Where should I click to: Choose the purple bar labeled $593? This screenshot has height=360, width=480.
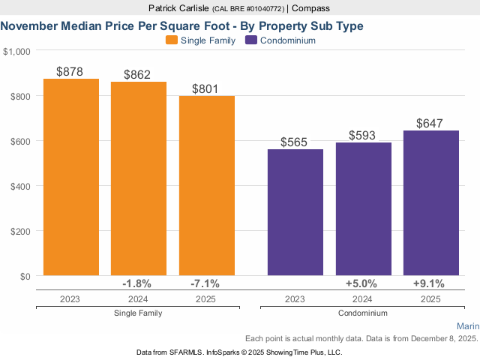click(364, 209)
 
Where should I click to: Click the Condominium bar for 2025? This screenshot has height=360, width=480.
click(430, 203)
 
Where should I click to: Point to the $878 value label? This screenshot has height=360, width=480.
click(71, 71)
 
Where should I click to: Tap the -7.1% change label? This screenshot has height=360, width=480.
click(206, 283)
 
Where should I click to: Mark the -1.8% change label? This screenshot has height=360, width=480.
click(137, 283)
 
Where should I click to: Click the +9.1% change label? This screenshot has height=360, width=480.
click(429, 283)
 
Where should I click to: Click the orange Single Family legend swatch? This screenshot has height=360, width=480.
click(171, 40)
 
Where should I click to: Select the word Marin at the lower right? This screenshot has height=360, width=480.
click(467, 326)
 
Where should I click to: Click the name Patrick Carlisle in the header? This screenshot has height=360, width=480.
click(179, 8)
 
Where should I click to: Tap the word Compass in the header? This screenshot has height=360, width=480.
click(311, 8)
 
